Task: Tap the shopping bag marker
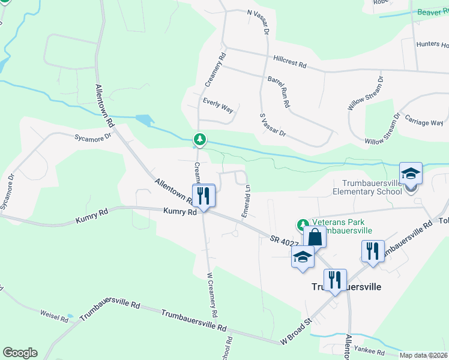[x=315, y=236]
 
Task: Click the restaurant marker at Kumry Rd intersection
[x=204, y=196]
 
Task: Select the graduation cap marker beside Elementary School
[x=411, y=173]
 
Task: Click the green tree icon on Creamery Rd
[x=199, y=140]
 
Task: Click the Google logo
[x=20, y=352]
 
